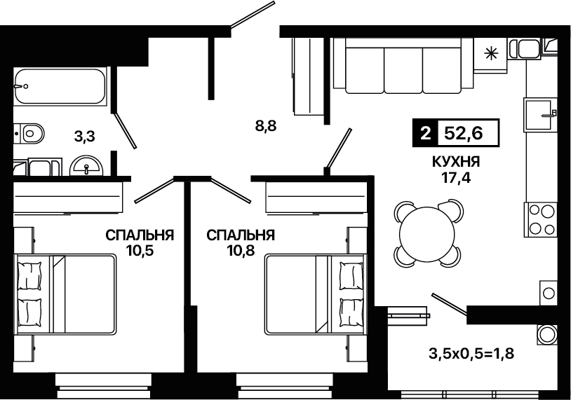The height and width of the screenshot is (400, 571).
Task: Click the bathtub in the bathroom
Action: [60, 86]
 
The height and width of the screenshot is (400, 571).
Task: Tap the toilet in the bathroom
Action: [29, 134]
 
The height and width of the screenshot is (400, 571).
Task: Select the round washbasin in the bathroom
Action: [86, 166]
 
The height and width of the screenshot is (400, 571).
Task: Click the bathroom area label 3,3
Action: [84, 137]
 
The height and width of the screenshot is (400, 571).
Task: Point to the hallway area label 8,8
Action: [266, 126]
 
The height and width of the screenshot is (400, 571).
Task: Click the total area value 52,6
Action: [464, 133]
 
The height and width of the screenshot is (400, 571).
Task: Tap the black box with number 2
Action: [425, 133]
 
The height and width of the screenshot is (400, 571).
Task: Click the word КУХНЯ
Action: [456, 161]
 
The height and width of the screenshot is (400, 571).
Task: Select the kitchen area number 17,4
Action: [456, 178]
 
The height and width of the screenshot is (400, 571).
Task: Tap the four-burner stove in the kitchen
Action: [540, 219]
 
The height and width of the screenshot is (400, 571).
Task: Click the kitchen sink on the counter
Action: [540, 114]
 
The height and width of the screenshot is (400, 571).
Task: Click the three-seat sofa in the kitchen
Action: [403, 66]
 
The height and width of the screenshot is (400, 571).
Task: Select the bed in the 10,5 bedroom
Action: [65, 294]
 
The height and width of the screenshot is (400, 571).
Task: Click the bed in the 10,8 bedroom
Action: [315, 294]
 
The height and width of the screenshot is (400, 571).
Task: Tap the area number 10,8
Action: [241, 251]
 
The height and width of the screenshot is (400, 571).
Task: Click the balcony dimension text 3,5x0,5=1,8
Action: [471, 353]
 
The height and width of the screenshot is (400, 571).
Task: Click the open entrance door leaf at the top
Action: [253, 14]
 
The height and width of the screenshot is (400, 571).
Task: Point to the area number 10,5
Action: [140, 251]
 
